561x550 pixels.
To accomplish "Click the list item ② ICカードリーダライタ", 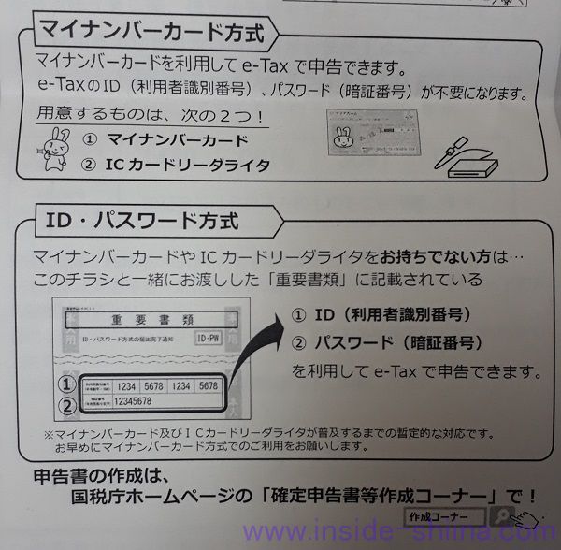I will (177, 166).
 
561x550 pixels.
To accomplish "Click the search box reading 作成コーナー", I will (445, 516).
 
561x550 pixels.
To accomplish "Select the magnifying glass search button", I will (502, 516).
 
